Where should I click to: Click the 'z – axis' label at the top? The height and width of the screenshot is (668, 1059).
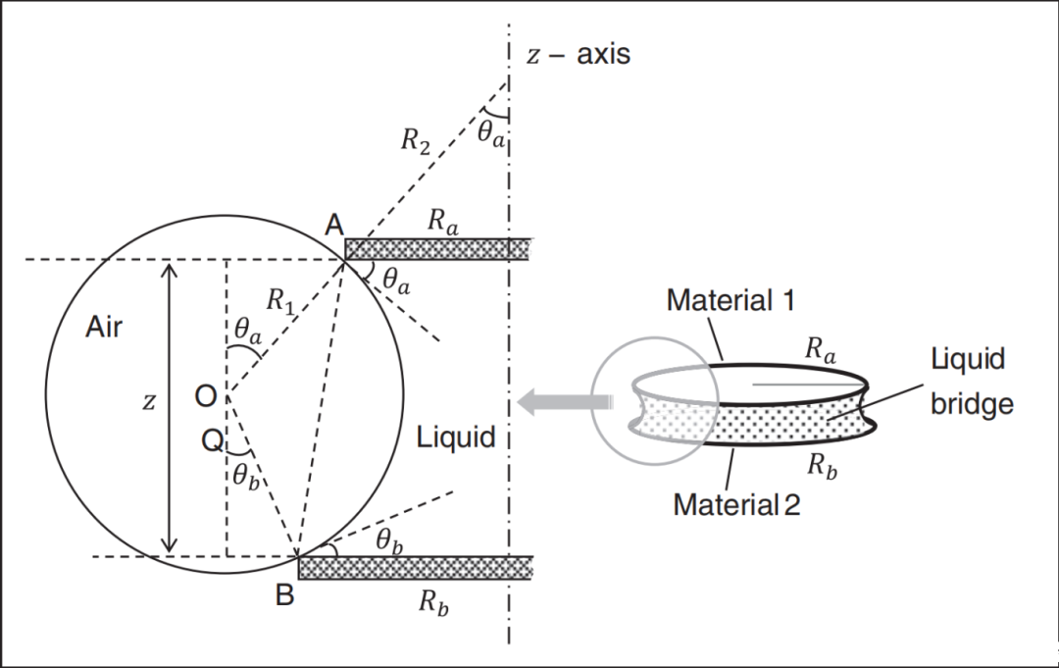(579, 54)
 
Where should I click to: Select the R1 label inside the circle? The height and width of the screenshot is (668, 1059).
(280, 303)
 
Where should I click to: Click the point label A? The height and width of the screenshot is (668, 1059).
(334, 227)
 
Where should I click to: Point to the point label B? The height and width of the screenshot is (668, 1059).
(284, 595)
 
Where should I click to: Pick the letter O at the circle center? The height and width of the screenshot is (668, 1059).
(205, 396)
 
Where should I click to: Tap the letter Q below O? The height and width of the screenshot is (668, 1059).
(212, 442)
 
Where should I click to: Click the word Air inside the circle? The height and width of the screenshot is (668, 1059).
(104, 327)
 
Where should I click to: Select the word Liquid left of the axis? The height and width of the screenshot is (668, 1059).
(456, 437)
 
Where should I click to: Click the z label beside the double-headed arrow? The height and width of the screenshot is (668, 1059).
(148, 403)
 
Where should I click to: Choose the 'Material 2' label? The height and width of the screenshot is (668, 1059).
(736, 505)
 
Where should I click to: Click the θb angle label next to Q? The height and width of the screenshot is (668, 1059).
(245, 476)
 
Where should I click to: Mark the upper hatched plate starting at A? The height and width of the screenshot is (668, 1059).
(437, 249)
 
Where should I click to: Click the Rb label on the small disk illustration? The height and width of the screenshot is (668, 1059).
(821, 467)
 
